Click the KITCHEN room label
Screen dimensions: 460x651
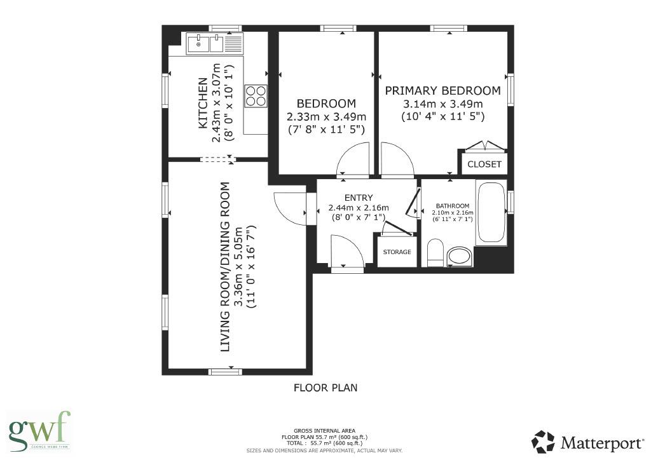click(x=202, y=103)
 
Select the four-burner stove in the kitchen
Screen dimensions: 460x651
click(x=256, y=96)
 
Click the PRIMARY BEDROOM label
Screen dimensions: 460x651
click(x=442, y=90)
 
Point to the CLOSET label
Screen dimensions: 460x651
click(x=484, y=164)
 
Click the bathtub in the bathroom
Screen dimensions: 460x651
click(x=491, y=212)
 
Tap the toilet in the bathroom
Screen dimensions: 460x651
click(x=435, y=253)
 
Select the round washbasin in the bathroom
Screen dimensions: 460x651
click(x=460, y=257)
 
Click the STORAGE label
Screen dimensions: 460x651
click(x=397, y=252)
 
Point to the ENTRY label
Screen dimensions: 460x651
click(x=359, y=198)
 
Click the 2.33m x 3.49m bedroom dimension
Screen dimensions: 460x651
click(x=326, y=117)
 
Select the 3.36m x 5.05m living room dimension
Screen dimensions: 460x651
click(x=238, y=267)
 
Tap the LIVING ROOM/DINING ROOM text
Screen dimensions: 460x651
click(x=224, y=267)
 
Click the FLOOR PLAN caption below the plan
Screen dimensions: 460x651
click(x=325, y=387)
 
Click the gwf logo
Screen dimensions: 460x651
click(x=38, y=431)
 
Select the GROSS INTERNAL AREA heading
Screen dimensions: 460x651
click(x=325, y=430)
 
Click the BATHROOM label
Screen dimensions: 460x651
click(x=451, y=206)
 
